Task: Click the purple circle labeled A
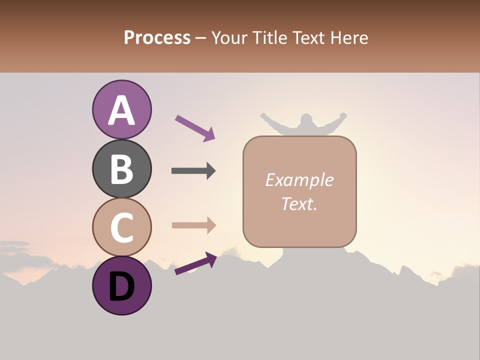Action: click(122, 109)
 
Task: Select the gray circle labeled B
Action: click(122, 168)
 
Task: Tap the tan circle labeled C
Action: click(122, 227)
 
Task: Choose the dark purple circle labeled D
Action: click(122, 285)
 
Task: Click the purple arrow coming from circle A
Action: click(195, 127)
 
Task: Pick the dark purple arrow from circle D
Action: click(195, 263)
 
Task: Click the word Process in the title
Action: click(157, 38)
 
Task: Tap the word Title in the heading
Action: click(265, 38)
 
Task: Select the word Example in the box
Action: click(299, 180)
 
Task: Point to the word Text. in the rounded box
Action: click(299, 203)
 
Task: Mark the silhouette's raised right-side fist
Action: click(342, 115)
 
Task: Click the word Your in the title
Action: click(228, 38)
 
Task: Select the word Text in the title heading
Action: click(304, 38)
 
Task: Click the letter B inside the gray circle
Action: click(122, 169)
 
